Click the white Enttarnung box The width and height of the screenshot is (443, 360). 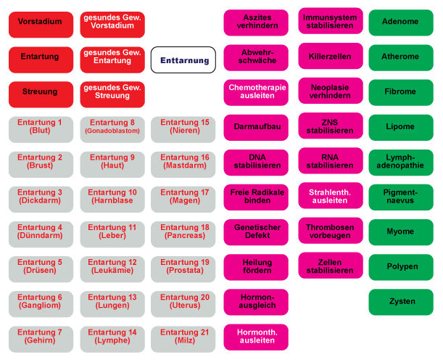coord(183,60)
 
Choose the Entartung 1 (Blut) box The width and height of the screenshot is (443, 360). coord(41,129)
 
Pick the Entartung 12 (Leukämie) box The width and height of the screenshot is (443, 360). coord(112,269)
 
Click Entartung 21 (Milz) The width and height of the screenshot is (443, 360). coord(183,338)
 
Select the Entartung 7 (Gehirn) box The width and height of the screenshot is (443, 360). coord(41,338)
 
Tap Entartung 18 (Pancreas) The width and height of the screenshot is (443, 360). coord(183,234)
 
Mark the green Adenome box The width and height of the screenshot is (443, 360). coord(401,23)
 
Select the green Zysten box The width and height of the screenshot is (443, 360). coord(401,302)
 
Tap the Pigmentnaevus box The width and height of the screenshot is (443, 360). coord(401,197)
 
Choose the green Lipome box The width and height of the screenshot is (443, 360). coord(401,128)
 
